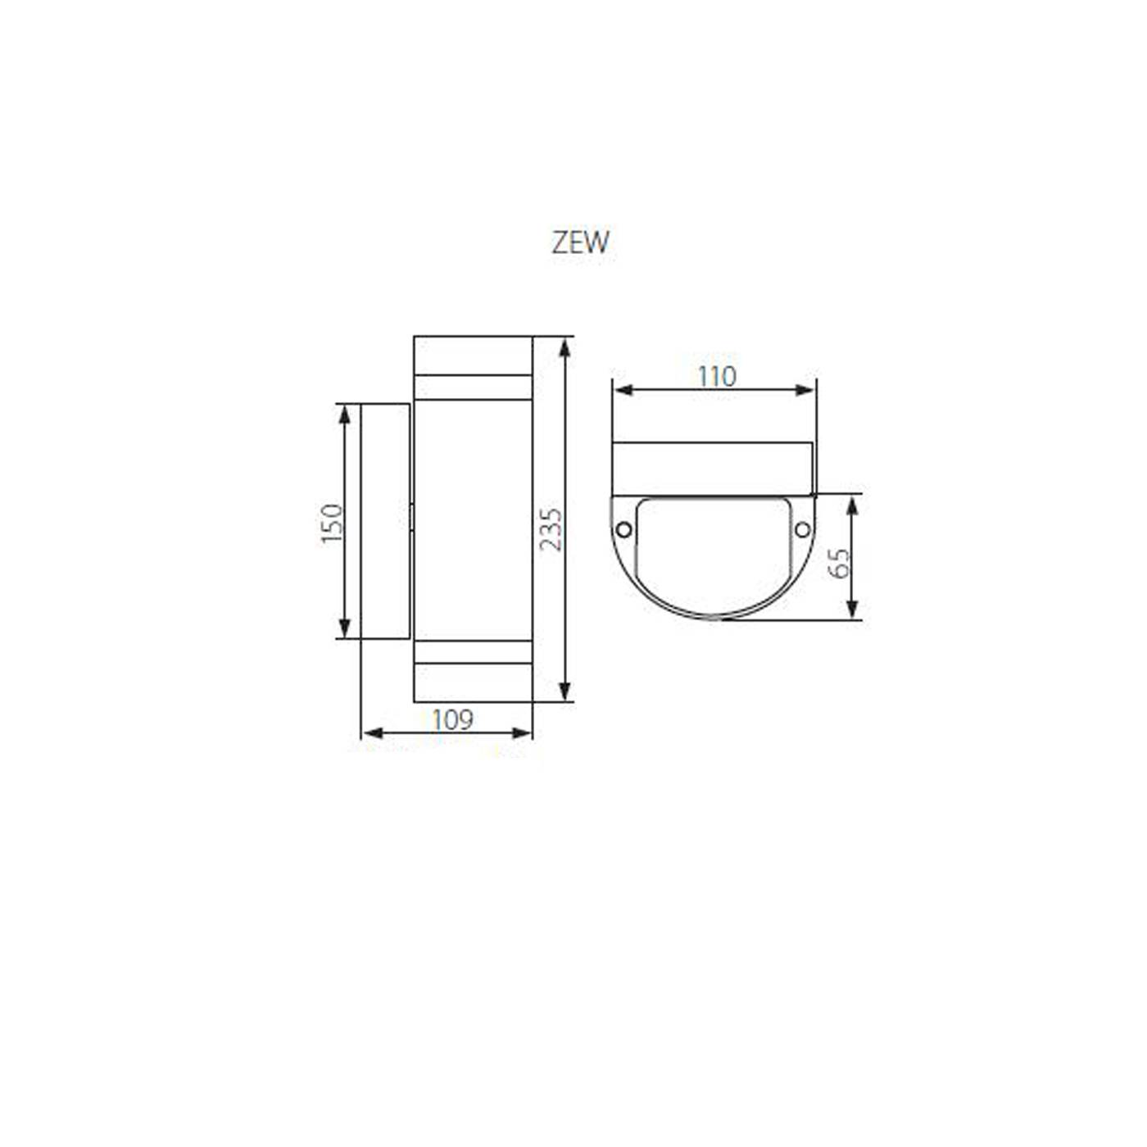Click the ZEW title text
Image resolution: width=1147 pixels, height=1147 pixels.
pyautogui.click(x=580, y=243)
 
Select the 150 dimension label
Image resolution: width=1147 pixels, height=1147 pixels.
pyautogui.click(x=333, y=523)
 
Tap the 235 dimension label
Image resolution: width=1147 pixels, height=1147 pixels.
pyautogui.click(x=551, y=529)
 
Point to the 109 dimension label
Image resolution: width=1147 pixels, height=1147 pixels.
pyautogui.click(x=452, y=719)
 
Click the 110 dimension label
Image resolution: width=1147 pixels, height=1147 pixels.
pyautogui.click(x=717, y=376)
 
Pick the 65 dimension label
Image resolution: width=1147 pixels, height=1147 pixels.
pyautogui.click(x=839, y=563)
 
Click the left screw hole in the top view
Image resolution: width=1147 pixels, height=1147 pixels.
pyautogui.click(x=623, y=529)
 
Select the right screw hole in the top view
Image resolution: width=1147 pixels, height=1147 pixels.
pyautogui.click(x=803, y=529)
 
